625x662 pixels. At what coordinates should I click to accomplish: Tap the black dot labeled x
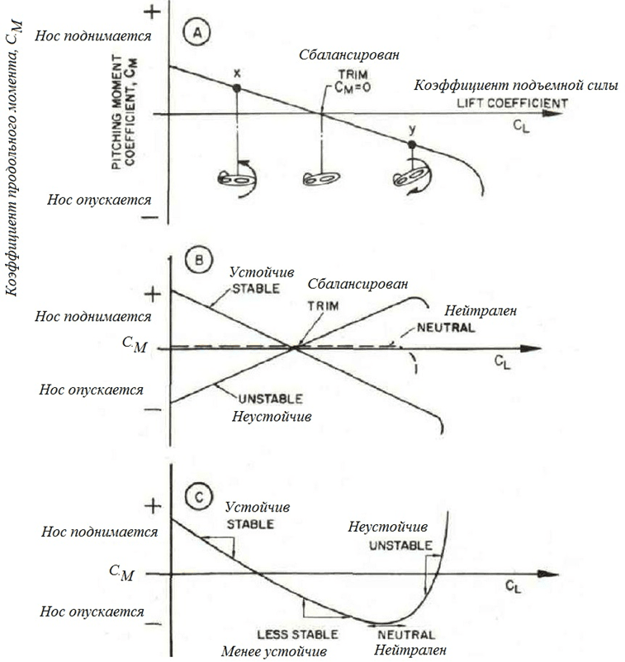point(236,87)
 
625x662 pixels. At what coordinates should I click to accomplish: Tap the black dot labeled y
point(412,144)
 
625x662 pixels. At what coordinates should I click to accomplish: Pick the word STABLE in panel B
point(256,289)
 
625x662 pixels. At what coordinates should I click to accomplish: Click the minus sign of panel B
point(150,409)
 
